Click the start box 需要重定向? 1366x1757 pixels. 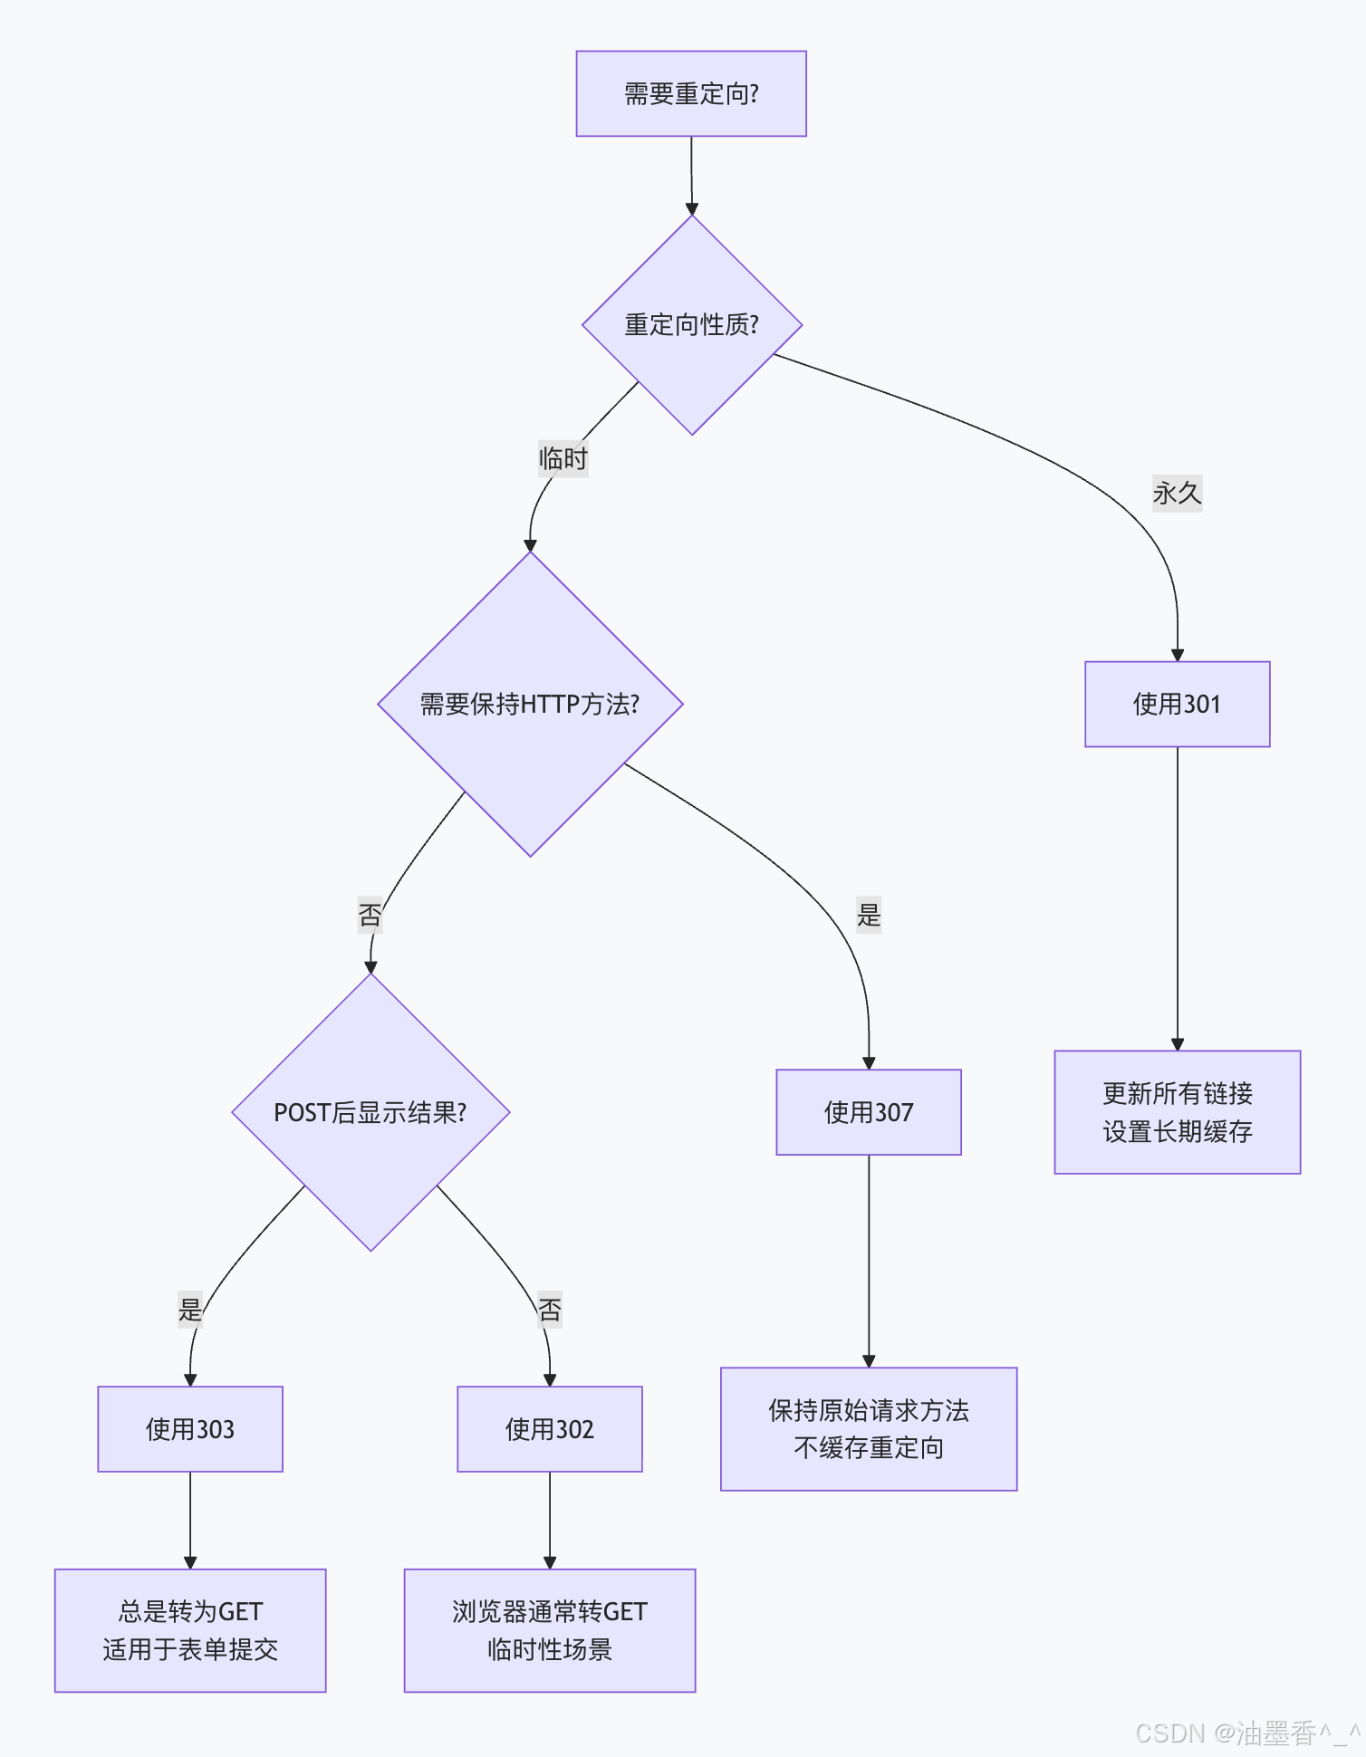click(691, 94)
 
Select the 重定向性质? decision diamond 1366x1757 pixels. click(691, 325)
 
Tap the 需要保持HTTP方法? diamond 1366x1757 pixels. click(530, 704)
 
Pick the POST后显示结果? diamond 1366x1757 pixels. click(370, 1112)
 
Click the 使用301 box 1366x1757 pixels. click(1177, 705)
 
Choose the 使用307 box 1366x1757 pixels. click(869, 1112)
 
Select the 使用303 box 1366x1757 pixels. click(190, 1429)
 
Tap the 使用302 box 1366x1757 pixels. click(550, 1429)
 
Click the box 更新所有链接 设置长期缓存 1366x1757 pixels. click(1177, 1112)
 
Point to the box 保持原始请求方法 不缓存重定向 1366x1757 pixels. click(869, 1429)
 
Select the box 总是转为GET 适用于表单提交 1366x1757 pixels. click(190, 1630)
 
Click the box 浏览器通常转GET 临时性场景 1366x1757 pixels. click(550, 1630)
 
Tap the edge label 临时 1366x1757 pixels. click(563, 459)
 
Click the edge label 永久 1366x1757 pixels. click(1177, 494)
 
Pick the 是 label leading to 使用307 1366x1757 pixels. click(869, 916)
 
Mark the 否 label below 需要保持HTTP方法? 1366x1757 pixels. click(370, 916)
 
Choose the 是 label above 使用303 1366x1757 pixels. click(190, 1310)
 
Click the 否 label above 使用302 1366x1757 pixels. click(550, 1310)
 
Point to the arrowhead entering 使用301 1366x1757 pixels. click(1178, 655)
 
